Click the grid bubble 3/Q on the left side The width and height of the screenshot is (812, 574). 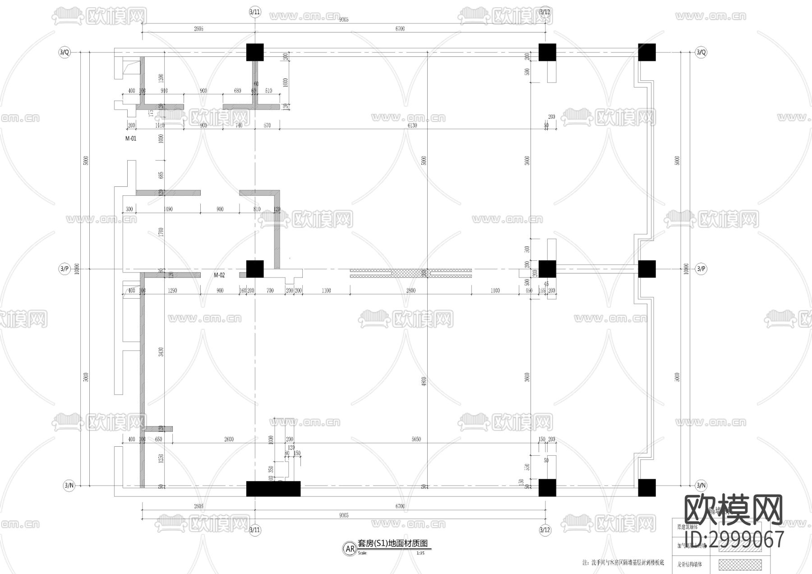(65, 52)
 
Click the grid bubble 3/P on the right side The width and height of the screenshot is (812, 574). (701, 269)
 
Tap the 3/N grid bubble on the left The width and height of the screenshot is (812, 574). (69, 486)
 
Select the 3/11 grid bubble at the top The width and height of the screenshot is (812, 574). (255, 12)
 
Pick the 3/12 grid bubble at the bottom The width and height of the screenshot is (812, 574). (545, 529)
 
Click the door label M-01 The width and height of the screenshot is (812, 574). (130, 139)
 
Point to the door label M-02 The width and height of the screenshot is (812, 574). (219, 275)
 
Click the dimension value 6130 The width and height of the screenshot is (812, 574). (412, 125)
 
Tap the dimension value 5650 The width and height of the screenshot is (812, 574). (416, 439)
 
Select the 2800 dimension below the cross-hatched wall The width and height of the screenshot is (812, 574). (411, 291)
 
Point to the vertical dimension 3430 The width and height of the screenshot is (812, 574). (161, 352)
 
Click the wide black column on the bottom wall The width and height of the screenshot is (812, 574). (273, 489)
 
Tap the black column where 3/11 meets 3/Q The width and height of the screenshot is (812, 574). (255, 52)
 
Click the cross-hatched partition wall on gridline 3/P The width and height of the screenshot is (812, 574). (411, 273)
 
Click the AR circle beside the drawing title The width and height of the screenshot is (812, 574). (350, 549)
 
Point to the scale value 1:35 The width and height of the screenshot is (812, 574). (420, 553)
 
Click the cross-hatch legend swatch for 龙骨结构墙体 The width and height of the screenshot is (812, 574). (740, 564)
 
